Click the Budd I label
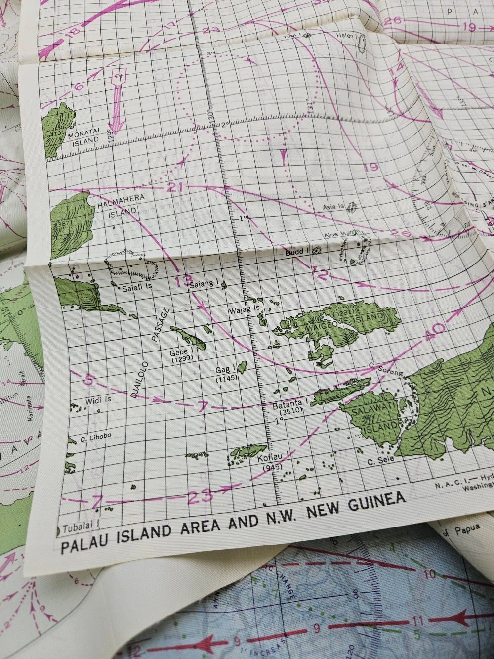(x=296, y=252)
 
